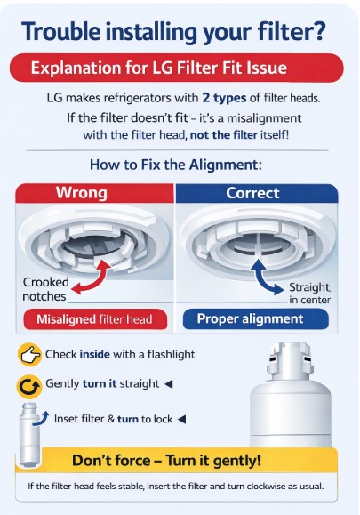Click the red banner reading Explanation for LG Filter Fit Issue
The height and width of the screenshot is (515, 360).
tap(177, 68)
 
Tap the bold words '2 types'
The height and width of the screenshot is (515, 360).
tap(224, 98)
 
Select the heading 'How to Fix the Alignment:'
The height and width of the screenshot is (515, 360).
tap(176, 165)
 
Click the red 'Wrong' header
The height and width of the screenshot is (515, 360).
tap(94, 193)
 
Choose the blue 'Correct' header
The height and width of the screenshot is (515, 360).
tap(257, 193)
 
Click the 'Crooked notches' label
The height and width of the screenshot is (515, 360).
tap(44, 289)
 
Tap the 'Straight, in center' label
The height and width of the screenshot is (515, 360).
tap(309, 294)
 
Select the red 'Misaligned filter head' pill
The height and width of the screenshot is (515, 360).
tap(95, 319)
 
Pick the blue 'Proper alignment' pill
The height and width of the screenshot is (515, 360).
tap(256, 319)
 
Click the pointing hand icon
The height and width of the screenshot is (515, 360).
tap(29, 355)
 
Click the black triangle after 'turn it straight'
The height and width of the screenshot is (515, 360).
tap(169, 383)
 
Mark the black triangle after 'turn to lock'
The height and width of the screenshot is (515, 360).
tap(182, 419)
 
